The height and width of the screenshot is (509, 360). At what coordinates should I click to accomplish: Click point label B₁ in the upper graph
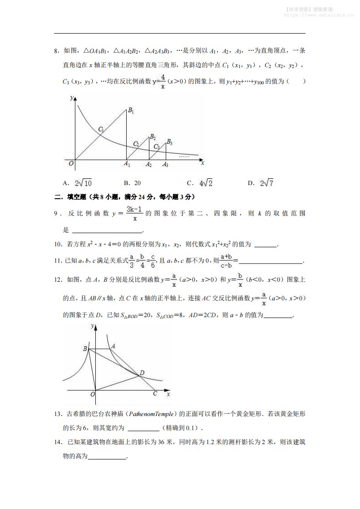[131, 111]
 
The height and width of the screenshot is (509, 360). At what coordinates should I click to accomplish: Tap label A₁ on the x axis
[128, 165]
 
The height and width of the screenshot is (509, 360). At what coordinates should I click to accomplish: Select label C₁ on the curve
[101, 129]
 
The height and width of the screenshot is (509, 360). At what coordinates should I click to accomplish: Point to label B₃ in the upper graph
[169, 142]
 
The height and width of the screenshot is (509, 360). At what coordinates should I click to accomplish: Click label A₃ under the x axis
[166, 165]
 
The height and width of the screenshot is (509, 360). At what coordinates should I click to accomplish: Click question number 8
[57, 50]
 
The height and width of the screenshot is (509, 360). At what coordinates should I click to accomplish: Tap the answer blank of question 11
[271, 261]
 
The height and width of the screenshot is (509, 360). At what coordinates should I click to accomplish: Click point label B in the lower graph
[84, 348]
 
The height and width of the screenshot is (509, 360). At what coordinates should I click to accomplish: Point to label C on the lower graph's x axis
[155, 393]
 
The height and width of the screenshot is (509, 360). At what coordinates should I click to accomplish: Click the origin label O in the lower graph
[92, 395]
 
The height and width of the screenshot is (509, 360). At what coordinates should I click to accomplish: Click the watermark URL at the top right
[319, 14]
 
